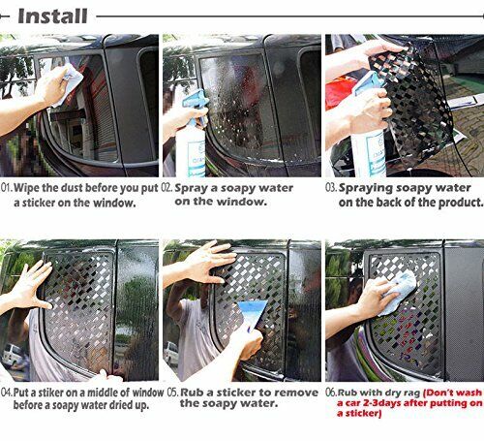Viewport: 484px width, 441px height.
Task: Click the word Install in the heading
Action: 52,16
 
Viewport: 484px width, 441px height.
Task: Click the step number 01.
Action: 7,188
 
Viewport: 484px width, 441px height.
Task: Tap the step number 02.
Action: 166,188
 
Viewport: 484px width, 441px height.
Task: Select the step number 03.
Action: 331,188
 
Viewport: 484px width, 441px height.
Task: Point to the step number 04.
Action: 7,393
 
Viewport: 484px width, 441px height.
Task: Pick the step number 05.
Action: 173,393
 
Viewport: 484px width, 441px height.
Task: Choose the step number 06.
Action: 331,393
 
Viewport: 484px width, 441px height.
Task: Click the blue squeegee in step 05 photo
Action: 252,314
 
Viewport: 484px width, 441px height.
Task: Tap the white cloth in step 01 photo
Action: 69,83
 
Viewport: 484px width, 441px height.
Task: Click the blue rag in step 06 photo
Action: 399,292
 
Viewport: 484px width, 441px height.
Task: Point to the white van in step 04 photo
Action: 12,356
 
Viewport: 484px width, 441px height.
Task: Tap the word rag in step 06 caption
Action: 413,394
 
